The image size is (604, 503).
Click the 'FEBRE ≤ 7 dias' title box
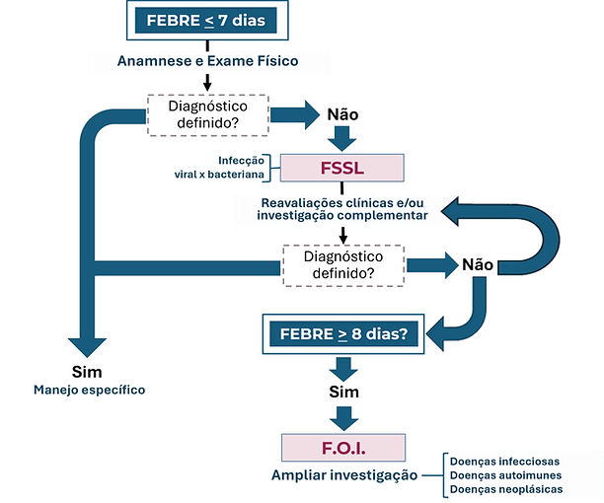[x=207, y=20]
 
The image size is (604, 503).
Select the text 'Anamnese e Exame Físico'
[x=207, y=61]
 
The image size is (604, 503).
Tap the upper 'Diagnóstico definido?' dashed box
[x=208, y=115]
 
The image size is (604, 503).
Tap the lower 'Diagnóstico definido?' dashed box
[x=343, y=265]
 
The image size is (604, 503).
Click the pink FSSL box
[x=342, y=168]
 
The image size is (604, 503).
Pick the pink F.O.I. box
[x=343, y=448]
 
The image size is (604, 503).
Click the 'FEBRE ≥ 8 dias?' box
[x=343, y=333]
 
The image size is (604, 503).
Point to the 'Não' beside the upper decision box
[x=342, y=114]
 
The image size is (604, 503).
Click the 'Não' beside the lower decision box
[x=478, y=264]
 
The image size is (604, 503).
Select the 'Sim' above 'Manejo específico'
[x=87, y=372]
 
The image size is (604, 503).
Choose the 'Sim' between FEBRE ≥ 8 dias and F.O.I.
[x=344, y=392]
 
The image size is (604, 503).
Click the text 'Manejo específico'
[x=90, y=390]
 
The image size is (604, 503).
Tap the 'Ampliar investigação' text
[x=344, y=475]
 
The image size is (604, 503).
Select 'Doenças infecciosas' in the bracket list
[x=504, y=462]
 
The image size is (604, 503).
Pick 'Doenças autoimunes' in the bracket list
[x=505, y=475]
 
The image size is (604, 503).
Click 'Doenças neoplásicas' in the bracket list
[x=506, y=489]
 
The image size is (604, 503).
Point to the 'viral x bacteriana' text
[x=219, y=175]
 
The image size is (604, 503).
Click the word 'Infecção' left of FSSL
[x=241, y=161]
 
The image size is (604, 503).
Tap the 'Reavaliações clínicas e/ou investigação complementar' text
[x=342, y=209]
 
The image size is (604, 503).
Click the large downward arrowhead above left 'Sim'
[x=87, y=347]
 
